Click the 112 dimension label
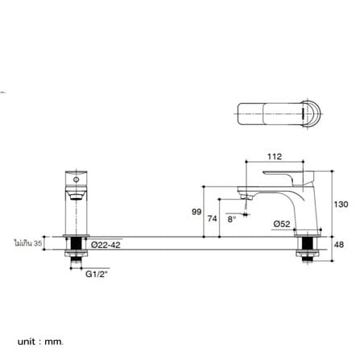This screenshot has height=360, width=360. click(275, 156)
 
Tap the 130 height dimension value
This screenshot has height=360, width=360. click(341, 205)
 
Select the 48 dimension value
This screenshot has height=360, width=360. click(340, 245)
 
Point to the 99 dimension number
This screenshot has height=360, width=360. click(197, 212)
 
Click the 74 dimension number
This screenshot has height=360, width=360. click(212, 219)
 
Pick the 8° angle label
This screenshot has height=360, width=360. click(231, 219)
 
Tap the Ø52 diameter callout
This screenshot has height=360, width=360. click(282, 224)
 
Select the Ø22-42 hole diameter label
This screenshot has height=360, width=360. click(106, 245)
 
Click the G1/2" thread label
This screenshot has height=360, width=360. click(97, 274)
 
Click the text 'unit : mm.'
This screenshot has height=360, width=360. click(40, 341)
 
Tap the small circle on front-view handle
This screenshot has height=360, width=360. click(77, 180)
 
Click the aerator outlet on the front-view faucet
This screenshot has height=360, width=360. click(77, 197)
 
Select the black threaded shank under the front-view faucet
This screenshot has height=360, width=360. click(77, 244)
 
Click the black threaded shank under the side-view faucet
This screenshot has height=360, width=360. click(308, 244)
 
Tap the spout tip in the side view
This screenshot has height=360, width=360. click(246, 198)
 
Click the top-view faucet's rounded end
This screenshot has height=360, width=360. click(312, 114)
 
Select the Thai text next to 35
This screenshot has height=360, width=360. click(23, 243)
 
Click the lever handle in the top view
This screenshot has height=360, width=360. click(271, 114)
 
